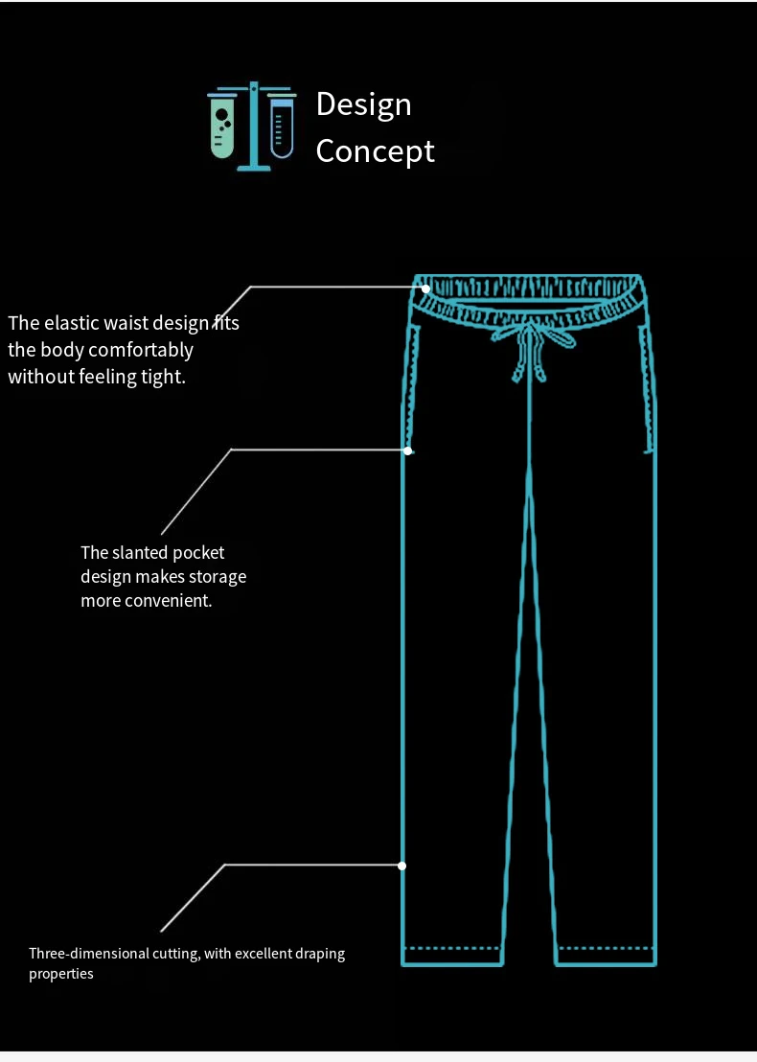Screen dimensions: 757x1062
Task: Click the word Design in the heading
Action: (363, 104)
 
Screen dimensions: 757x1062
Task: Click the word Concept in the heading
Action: (375, 151)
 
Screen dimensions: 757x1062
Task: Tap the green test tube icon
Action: (222, 126)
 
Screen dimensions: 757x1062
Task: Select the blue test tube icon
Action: (281, 127)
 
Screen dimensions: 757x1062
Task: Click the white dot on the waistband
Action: (425, 288)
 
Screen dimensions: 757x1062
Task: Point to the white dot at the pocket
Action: (408, 450)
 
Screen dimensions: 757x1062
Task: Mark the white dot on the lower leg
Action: (402, 866)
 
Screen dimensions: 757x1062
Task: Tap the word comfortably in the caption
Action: (141, 350)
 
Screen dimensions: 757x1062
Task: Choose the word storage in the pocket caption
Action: (219, 577)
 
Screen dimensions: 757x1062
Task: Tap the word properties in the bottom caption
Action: (61, 974)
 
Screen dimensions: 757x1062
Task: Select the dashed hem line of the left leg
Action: (451, 949)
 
